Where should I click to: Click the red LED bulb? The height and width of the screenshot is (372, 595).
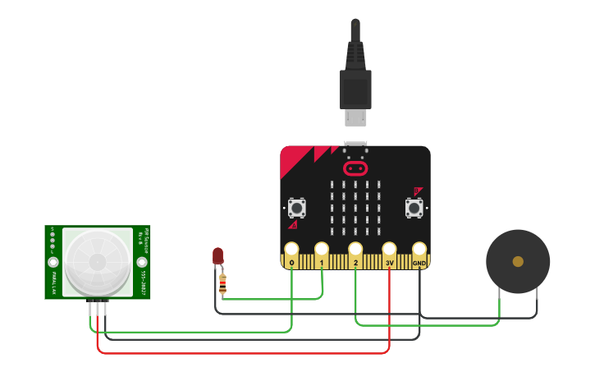point(217,255)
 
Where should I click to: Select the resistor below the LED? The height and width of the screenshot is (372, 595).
point(222,284)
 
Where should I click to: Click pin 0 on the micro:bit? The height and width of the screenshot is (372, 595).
point(291,250)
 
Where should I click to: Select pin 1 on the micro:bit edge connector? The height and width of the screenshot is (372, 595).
point(322,250)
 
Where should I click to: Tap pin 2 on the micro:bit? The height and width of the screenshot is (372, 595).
point(355,250)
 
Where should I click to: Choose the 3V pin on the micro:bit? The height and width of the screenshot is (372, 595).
point(389,250)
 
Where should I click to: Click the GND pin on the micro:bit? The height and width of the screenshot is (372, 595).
point(419,250)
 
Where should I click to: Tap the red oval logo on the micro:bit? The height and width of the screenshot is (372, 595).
point(355,168)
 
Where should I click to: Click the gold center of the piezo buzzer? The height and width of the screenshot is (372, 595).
point(518,261)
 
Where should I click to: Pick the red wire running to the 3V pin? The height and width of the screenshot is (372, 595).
point(246,353)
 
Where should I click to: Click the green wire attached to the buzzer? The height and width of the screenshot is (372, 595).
point(427,325)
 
